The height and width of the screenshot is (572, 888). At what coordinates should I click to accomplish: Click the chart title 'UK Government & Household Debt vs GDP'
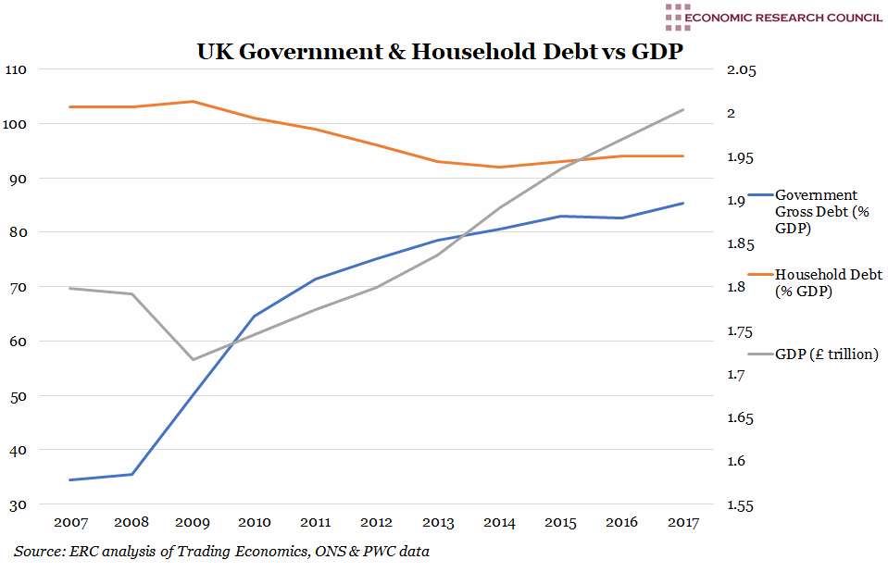[x=440, y=52]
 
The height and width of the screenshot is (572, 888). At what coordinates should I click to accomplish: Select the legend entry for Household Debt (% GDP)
[x=828, y=282]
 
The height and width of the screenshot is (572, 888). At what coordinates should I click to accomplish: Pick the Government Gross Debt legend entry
[x=816, y=211]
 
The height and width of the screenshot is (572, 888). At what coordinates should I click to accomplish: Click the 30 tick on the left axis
[x=19, y=505]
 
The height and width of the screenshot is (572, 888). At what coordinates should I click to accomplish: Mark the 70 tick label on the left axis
[x=19, y=288]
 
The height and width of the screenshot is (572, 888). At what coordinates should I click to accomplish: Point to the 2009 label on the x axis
[x=192, y=523]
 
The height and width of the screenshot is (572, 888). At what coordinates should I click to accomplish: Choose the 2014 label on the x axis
[x=499, y=523]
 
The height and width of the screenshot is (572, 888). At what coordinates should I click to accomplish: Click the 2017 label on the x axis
[x=683, y=523]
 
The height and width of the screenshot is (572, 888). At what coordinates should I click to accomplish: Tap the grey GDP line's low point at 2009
[x=193, y=359]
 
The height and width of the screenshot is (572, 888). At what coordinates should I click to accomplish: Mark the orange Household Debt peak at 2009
[x=193, y=101]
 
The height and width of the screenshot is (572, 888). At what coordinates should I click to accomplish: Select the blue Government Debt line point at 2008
[x=131, y=474]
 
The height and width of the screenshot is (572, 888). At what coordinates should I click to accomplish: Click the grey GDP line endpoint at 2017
[x=683, y=109]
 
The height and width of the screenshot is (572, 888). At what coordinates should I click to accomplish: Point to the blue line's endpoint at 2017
[x=683, y=203]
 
